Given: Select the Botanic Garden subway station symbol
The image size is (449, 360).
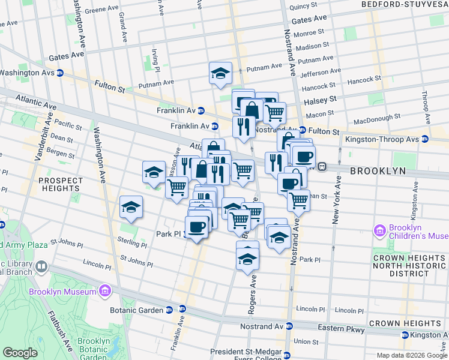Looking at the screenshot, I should pyautogui.click(x=169, y=310).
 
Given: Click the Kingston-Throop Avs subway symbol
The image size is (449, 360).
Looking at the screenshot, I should pyautogui.click(x=425, y=139).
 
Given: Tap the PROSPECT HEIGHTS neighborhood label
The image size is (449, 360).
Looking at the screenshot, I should pyautogui.click(x=61, y=185).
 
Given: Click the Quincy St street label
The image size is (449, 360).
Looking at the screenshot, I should pyautogui.click(x=303, y=7).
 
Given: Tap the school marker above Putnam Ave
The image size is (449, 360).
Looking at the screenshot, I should pyautogui.click(x=220, y=73).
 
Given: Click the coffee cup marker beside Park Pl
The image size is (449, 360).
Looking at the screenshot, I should pyautogui.click(x=196, y=227).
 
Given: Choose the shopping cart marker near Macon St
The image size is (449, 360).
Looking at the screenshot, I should pyautogui.click(x=274, y=111).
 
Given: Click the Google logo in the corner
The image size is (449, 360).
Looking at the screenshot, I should pyautogui.click(x=20, y=353).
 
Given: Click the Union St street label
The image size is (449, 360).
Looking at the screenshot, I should pyautogui.click(x=306, y=341).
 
